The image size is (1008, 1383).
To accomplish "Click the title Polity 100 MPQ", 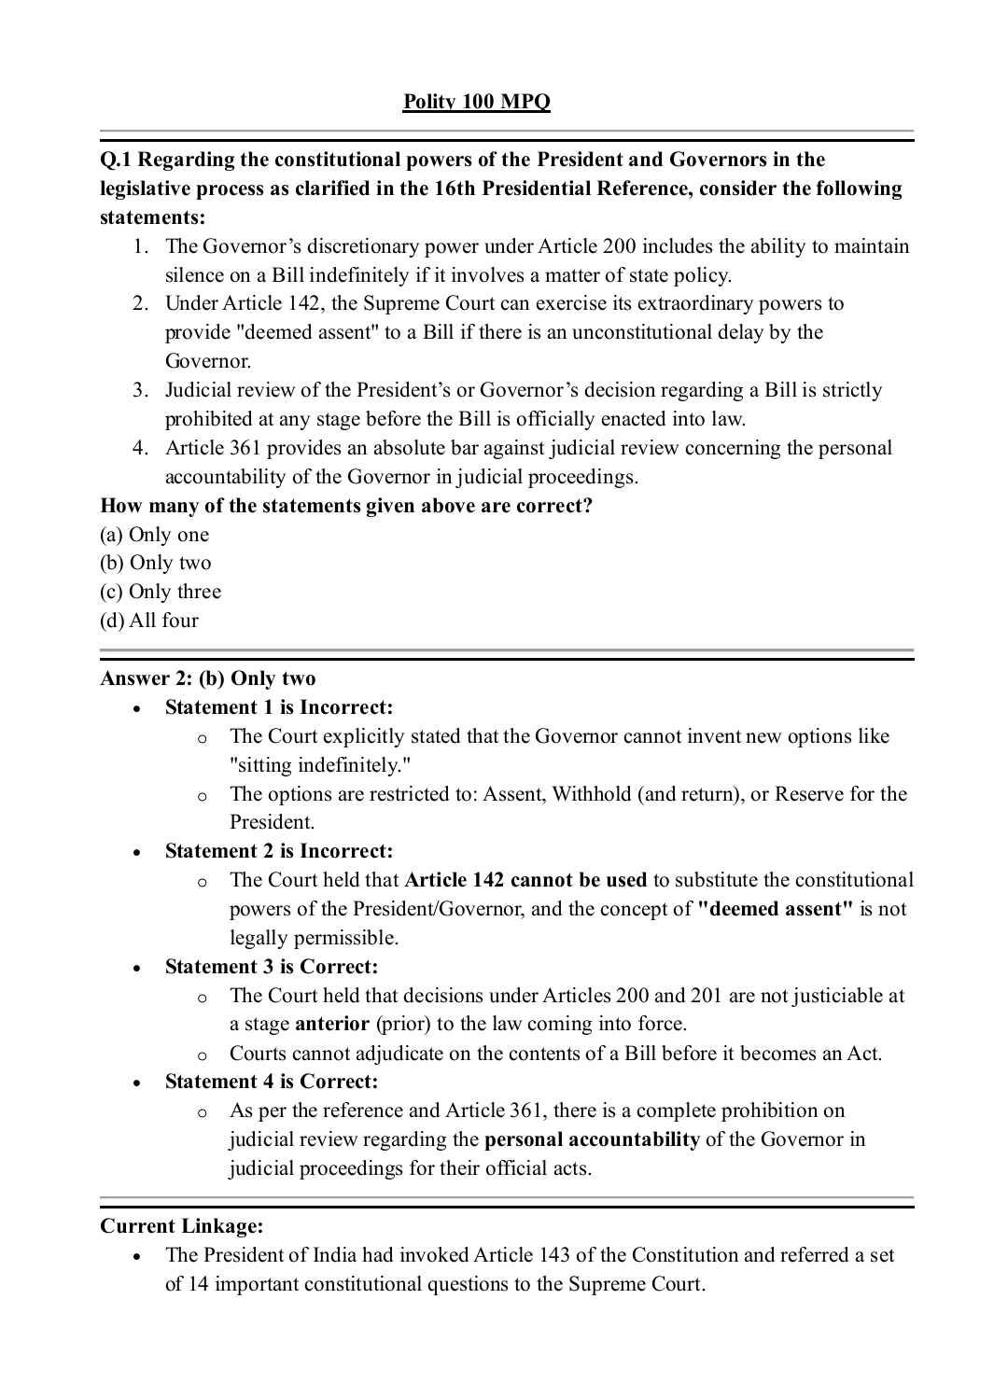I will point(476,102).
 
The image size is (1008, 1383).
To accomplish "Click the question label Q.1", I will point(116,160).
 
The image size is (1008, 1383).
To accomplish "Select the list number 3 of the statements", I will point(139,390).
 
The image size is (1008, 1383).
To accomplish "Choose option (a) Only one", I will point(154,535).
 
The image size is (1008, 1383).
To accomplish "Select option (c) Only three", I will point(160,592).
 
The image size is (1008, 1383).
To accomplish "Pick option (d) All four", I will point(148,621).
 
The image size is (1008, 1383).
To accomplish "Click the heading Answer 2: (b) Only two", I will point(207,678).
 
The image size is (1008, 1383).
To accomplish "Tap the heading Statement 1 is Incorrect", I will point(278,707).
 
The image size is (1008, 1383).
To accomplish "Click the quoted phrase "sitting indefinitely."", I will point(320,765).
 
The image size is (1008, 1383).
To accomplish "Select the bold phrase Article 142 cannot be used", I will point(525,880).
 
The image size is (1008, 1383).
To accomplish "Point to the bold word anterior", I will point(331,1024).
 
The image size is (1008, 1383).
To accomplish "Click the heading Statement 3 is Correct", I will point(271,967).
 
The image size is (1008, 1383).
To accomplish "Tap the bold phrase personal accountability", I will point(592,1139).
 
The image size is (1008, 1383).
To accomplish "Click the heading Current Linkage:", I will point(181,1226).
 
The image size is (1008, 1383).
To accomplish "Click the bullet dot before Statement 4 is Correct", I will point(136,1083).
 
